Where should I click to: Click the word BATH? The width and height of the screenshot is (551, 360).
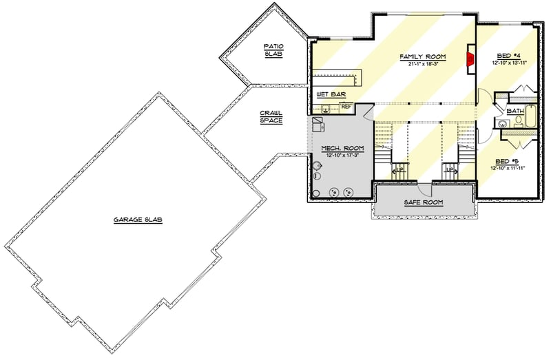(x=514, y=111)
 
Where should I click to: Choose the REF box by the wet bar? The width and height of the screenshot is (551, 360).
(x=346, y=107)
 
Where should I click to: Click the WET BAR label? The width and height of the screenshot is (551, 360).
(x=331, y=94)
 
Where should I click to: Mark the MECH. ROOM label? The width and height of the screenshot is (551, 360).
(x=342, y=147)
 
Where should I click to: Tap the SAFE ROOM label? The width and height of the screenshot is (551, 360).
(x=424, y=202)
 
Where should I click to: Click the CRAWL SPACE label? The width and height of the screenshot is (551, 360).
(x=269, y=116)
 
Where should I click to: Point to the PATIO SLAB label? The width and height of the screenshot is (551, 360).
(x=273, y=49)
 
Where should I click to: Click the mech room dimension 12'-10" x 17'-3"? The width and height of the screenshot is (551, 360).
(x=342, y=155)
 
